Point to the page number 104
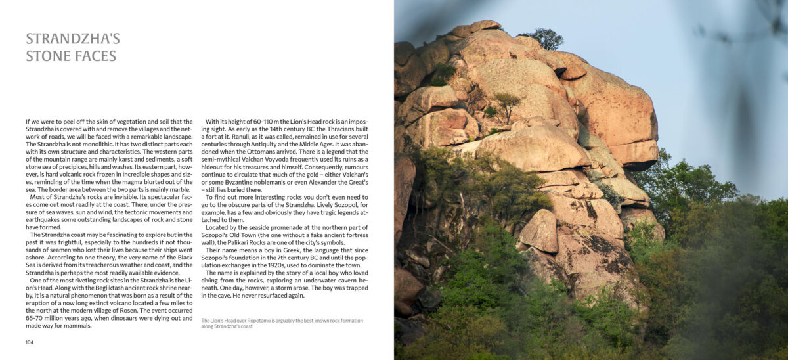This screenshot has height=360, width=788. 30,342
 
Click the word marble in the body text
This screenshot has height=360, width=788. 178,189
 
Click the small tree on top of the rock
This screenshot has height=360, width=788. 544,39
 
